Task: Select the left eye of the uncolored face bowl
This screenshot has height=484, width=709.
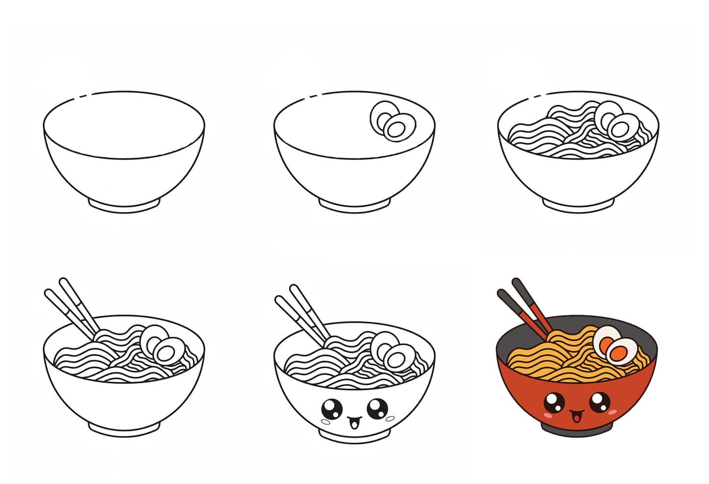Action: (x=331, y=408)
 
